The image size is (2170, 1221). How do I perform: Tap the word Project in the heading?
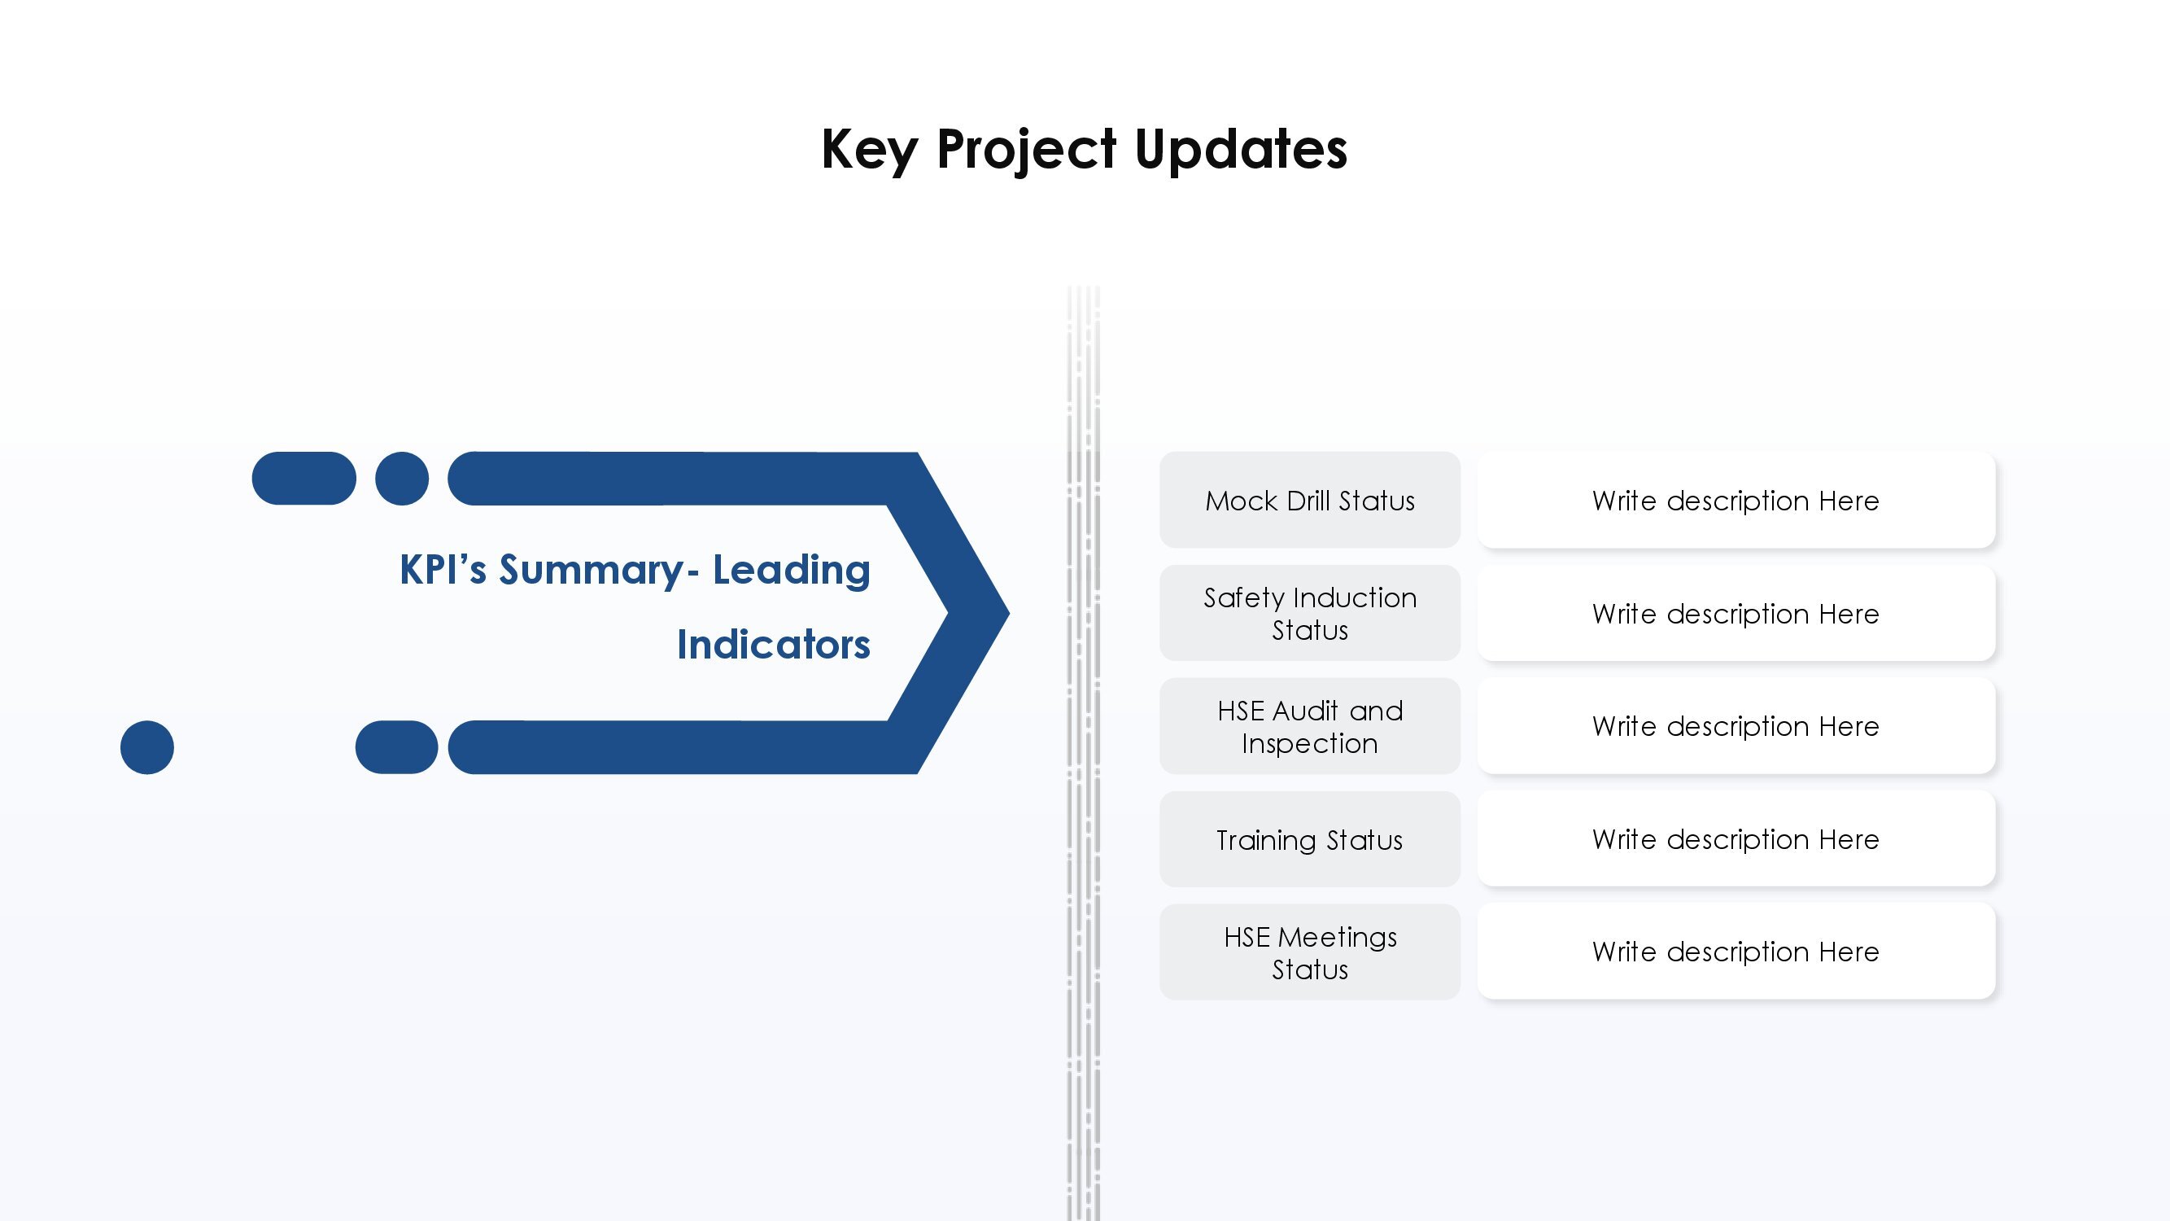click(x=1027, y=150)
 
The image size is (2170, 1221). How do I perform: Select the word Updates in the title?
click(x=1241, y=150)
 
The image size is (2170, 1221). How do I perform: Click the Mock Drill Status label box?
click(x=1310, y=500)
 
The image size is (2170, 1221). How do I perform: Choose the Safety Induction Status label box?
click(x=1310, y=613)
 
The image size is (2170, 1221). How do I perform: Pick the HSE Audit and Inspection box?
click(x=1310, y=725)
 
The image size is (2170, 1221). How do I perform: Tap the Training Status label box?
click(x=1310, y=839)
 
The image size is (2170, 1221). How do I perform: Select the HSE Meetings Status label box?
click(x=1310, y=952)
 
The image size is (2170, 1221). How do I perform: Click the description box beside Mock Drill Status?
click(x=1736, y=500)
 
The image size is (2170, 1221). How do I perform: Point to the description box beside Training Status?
click(x=1736, y=839)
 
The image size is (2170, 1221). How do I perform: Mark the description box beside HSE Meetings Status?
click(x=1736, y=952)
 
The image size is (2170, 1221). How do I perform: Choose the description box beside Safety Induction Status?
click(x=1736, y=613)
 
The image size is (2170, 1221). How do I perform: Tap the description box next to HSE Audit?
click(x=1736, y=725)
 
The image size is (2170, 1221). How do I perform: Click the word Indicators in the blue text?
click(x=773, y=645)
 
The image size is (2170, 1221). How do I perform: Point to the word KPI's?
click(x=443, y=569)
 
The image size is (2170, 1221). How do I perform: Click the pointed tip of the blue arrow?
click(x=1008, y=613)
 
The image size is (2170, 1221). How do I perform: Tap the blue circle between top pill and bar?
click(x=402, y=479)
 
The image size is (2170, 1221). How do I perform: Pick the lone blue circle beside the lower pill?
click(x=147, y=747)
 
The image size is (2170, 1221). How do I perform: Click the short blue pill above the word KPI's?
click(x=304, y=479)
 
